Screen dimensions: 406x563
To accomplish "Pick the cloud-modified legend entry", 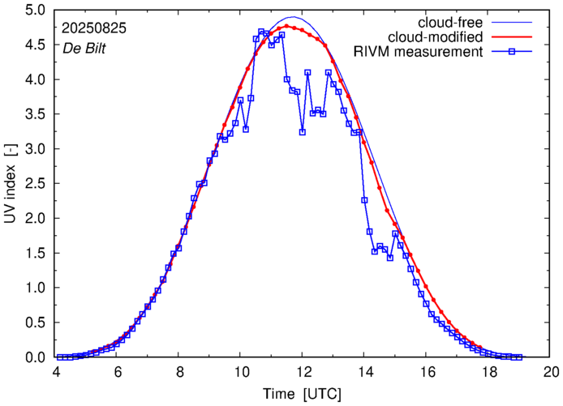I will (436, 37).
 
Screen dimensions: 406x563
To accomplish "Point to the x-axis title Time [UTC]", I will (302, 394).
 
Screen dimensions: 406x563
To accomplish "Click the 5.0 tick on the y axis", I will (35, 11).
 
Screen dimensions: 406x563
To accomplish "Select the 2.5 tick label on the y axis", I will (35, 184).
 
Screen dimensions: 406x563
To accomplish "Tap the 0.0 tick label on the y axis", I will (35, 357).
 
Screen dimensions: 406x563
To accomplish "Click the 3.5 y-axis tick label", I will (35, 114).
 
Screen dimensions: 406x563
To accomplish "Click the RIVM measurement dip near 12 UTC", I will (302, 131).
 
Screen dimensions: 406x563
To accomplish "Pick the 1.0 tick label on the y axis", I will (35, 288).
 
